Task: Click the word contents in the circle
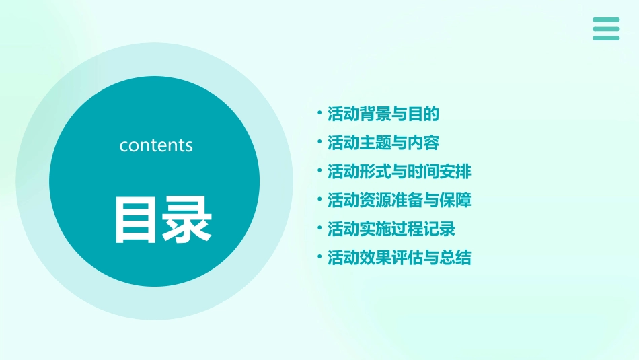point(156,145)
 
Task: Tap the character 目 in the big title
point(137,219)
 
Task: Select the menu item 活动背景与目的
point(383,114)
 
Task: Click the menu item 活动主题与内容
point(383,143)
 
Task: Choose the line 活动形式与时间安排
point(400,172)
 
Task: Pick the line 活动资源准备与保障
point(400,201)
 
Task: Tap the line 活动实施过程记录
point(391,229)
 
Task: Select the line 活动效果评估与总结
point(400,258)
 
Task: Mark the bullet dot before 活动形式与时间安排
point(320,171)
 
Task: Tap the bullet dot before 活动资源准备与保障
point(320,200)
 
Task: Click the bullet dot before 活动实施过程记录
point(320,229)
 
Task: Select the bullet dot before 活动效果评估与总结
point(320,258)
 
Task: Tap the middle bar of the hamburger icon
point(606,29)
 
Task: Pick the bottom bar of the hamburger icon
point(606,38)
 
